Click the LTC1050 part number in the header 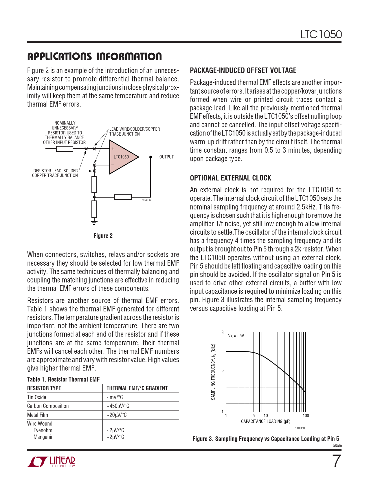(x=321, y=34)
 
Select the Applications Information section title (x=94, y=56)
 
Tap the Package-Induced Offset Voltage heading (x=243, y=70)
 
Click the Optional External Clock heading (x=230, y=178)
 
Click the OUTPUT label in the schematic (x=166, y=157)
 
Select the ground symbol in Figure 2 (x=94, y=222)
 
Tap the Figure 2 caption (x=103, y=236)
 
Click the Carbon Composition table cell (x=48, y=406)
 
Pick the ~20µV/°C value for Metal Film (x=117, y=415)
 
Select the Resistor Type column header (x=44, y=388)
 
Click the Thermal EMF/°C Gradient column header (x=137, y=388)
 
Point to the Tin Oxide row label (x=36, y=397)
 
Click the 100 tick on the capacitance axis (x=306, y=416)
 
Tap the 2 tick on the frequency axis (x=223, y=372)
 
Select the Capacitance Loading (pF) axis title (x=265, y=422)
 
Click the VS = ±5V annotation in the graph (x=236, y=336)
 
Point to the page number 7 (x=336, y=461)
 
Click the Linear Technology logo (x=51, y=462)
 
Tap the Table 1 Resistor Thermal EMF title (x=63, y=380)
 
